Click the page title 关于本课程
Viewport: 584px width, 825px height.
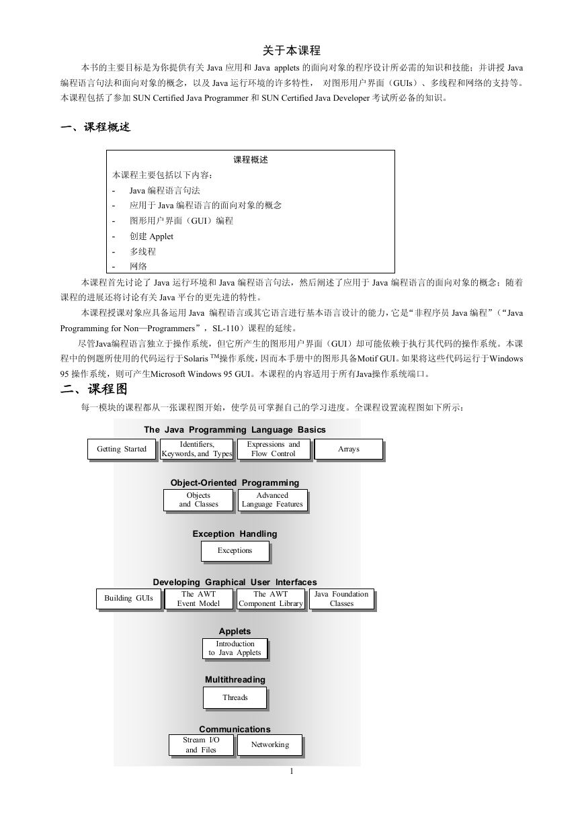point(292,50)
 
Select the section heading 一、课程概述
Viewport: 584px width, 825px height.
point(95,127)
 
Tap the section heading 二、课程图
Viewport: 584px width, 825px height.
point(94,389)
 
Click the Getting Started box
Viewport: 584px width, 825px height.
point(122,449)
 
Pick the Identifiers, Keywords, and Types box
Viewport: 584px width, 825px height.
point(197,449)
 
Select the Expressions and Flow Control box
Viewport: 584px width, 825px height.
point(274,449)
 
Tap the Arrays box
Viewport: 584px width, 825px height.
point(349,449)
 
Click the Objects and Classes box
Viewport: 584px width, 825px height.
point(198,500)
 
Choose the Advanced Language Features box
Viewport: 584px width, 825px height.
point(272,500)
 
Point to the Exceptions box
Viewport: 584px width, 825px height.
point(235,551)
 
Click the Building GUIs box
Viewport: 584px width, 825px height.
point(128,599)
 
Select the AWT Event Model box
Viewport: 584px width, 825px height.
point(199,599)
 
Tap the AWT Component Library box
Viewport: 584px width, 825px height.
point(271,599)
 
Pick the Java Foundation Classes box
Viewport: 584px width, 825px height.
point(341,599)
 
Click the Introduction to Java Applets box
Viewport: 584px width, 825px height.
point(235,648)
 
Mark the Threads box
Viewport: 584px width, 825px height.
point(235,697)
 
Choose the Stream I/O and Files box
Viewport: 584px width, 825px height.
point(201,745)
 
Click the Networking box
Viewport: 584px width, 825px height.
point(270,745)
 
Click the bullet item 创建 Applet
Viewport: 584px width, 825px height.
point(151,236)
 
